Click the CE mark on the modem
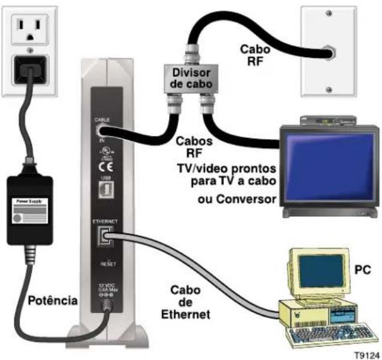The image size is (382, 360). tap(103, 166)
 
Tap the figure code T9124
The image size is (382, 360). tap(365, 354)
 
